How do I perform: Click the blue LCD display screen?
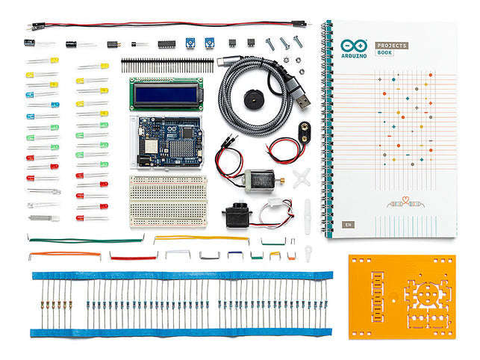pyautogui.click(x=164, y=93)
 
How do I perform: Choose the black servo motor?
pyautogui.click(x=238, y=217)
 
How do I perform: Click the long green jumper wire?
pyautogui.click(x=86, y=240)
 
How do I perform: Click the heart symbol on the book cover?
pyautogui.click(x=404, y=201)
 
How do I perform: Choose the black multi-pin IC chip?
pyautogui.click(x=166, y=43)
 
